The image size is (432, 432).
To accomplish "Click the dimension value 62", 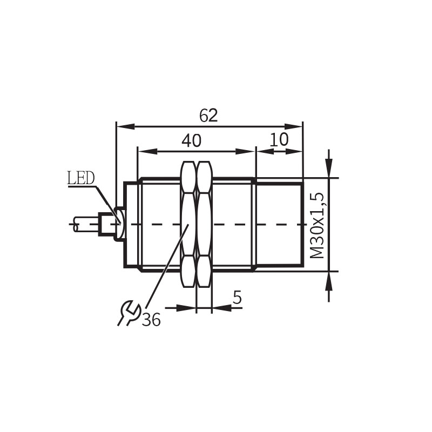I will (208, 115).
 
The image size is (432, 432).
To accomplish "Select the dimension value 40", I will (191, 140).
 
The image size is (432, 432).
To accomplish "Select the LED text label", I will (80, 178).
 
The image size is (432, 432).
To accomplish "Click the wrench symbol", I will (129, 313).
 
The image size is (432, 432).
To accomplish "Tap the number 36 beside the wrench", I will (152, 320).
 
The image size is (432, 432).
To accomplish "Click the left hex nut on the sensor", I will (188, 224).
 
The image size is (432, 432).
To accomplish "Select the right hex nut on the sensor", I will (204, 224).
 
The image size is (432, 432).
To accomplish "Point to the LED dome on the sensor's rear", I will (120, 224).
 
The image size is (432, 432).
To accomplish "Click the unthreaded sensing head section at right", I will (279, 224).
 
